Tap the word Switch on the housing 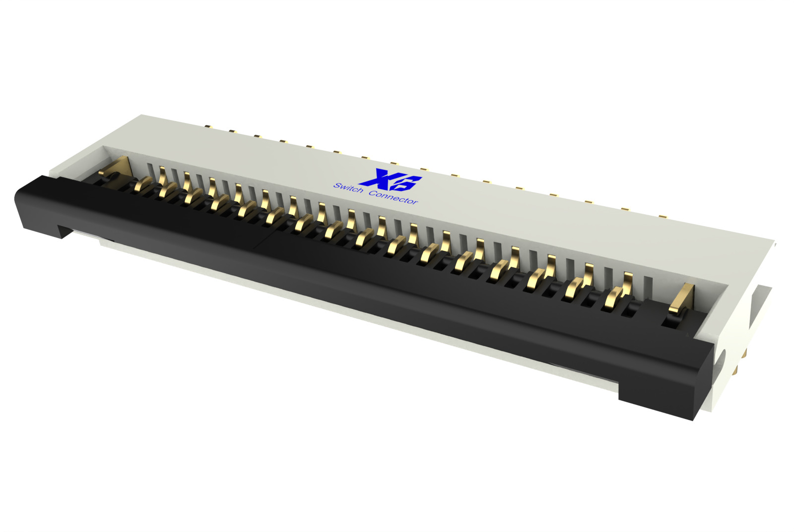pos(348,188)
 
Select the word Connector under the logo pos(393,197)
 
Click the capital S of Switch pos(337,185)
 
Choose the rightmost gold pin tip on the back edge pos(663,217)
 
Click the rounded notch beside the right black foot pos(720,361)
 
